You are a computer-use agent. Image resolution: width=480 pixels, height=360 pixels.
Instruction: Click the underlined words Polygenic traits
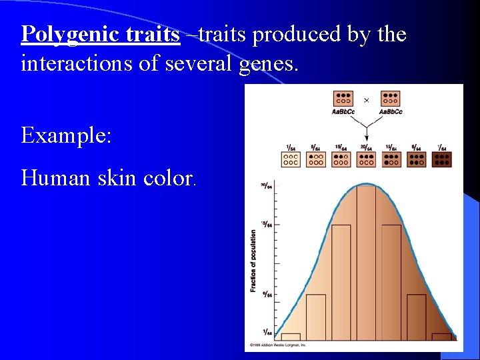[x=101, y=34]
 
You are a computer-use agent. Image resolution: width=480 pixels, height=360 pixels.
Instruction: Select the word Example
[x=66, y=136]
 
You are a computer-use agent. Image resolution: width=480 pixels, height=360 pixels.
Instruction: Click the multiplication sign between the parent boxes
[x=366, y=100]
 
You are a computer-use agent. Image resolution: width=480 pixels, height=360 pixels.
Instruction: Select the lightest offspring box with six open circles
[x=290, y=159]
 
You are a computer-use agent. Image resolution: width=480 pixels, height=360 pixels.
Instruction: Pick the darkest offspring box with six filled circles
[x=441, y=159]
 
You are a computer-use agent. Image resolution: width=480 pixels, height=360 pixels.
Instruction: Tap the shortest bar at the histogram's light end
[x=291, y=337]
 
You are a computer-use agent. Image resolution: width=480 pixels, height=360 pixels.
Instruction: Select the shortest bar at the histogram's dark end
[x=441, y=337]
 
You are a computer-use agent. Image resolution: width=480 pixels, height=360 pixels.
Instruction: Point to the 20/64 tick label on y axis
[x=265, y=186]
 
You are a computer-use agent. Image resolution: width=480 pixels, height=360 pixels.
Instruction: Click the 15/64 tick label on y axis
[x=265, y=224]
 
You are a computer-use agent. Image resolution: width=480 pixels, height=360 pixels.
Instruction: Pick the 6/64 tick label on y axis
[x=265, y=294]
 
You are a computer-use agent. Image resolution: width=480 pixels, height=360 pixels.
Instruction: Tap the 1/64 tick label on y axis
[x=265, y=332]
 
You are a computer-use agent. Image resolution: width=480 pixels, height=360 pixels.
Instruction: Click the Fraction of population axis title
[x=253, y=261]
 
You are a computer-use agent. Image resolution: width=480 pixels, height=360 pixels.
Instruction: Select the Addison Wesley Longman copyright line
[x=278, y=345]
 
